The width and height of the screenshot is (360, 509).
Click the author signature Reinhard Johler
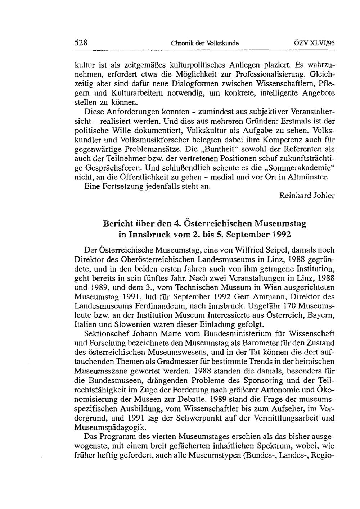point(307,196)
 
